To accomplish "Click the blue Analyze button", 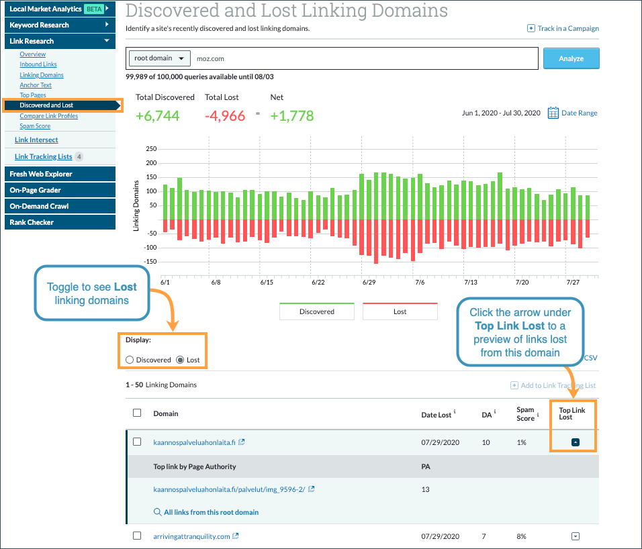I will point(571,58).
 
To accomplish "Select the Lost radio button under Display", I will point(180,360).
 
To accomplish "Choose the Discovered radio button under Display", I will point(130,360).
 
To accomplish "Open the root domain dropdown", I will point(160,58).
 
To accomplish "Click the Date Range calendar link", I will point(572,113).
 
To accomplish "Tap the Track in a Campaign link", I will point(563,28).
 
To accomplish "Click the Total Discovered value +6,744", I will point(158,115).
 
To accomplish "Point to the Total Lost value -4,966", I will point(225,115).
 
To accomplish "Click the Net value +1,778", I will point(292,115).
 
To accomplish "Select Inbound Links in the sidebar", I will point(38,64).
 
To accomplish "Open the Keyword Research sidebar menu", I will point(57,25).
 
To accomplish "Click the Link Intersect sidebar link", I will point(36,140).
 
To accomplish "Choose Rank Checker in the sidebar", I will point(32,222).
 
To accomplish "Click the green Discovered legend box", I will point(316,311).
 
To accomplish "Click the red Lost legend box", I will point(400,311).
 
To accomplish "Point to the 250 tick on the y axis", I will point(151,149).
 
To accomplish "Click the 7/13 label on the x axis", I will point(470,283).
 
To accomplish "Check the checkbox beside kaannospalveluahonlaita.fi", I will point(137,442).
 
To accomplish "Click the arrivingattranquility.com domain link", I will point(191,536).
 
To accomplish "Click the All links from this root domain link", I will point(211,512).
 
